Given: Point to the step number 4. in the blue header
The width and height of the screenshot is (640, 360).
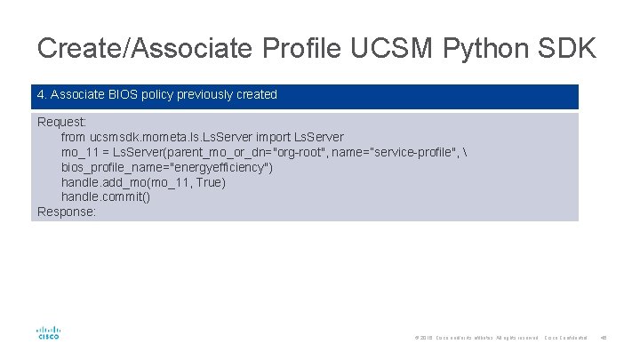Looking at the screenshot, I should pos(42,94).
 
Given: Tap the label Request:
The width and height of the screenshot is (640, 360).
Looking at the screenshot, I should pos(61,122).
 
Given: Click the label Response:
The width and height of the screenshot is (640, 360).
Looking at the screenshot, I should pos(67,212).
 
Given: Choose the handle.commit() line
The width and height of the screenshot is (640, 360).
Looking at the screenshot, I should pos(105,196).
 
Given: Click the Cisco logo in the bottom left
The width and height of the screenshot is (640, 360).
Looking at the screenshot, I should pos(48,332).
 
